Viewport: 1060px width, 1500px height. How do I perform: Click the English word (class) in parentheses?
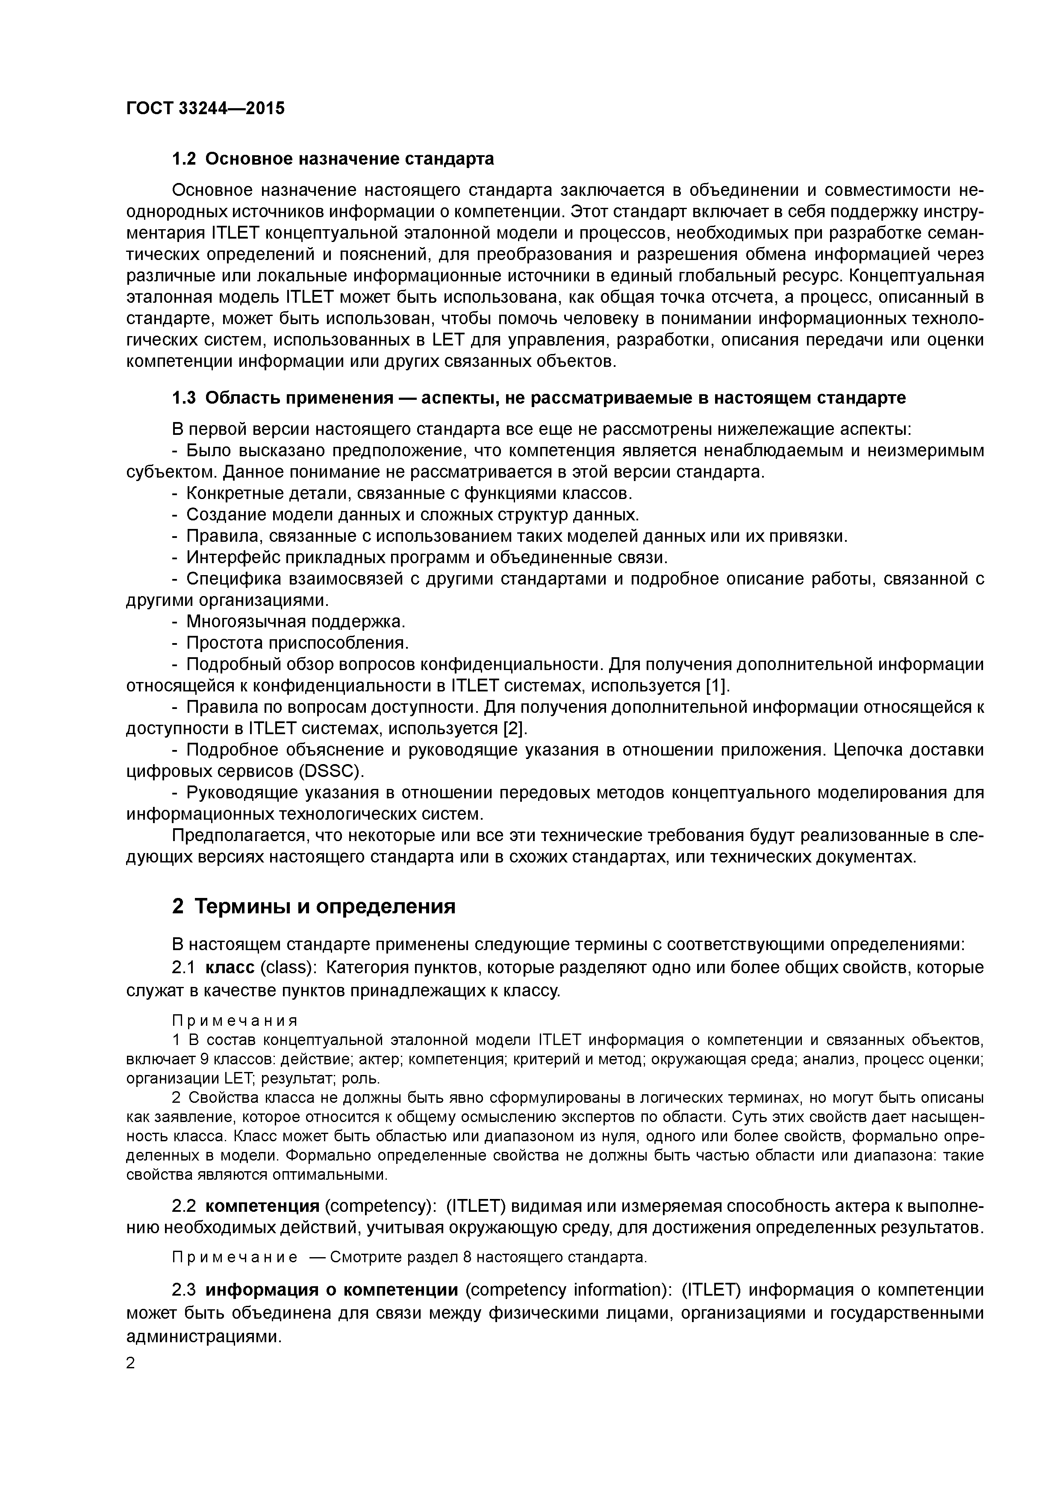click(284, 968)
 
